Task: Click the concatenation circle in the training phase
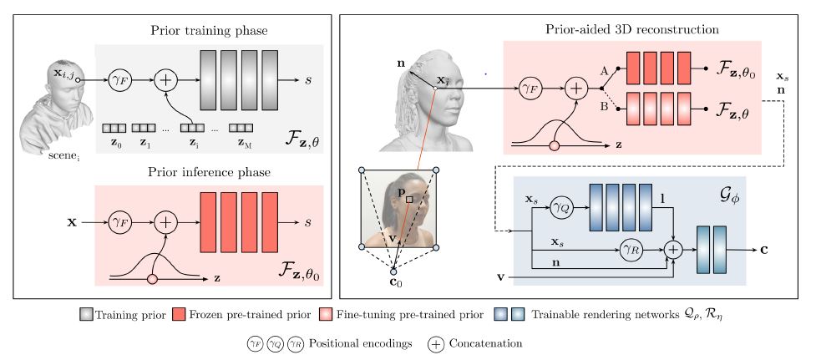[x=167, y=79]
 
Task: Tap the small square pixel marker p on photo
[x=408, y=200]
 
